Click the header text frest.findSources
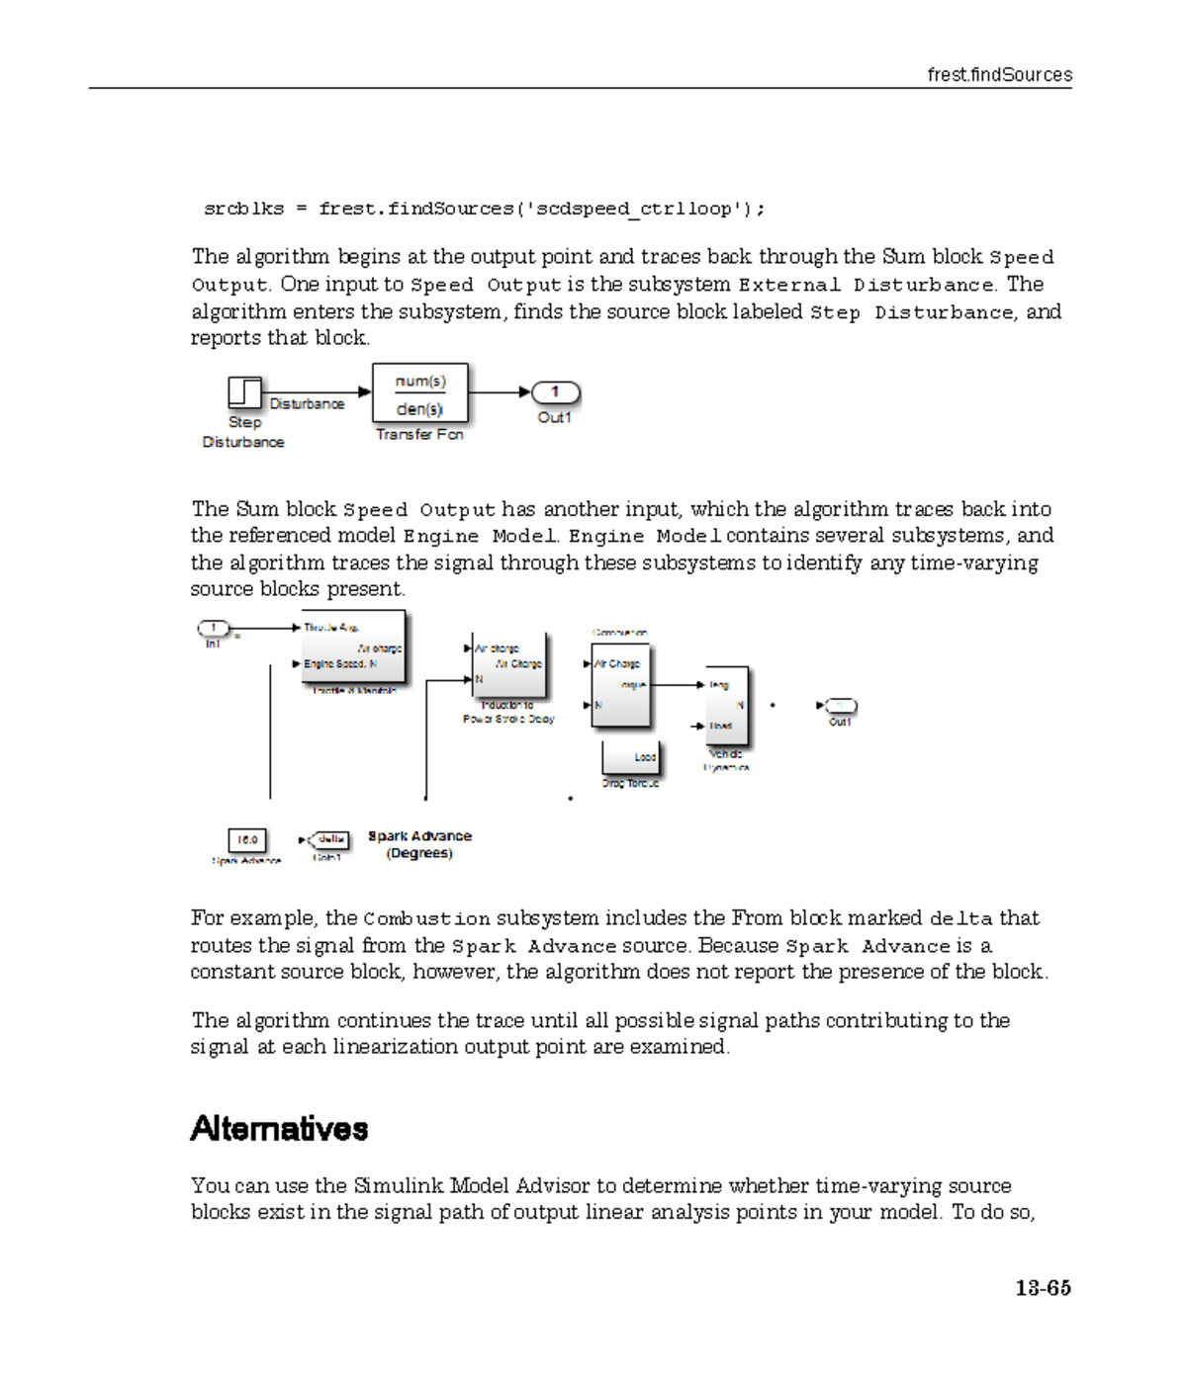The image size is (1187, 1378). coord(999,75)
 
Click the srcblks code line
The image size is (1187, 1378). coord(484,209)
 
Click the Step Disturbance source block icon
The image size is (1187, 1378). coord(244,392)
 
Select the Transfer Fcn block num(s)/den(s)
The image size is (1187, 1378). coord(419,393)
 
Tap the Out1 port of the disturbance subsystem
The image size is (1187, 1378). coord(555,392)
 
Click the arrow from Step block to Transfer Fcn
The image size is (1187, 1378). coord(317,392)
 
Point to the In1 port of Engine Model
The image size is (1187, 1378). coord(213,628)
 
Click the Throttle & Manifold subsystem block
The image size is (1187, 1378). coord(353,647)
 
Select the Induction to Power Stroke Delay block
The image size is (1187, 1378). coord(508,664)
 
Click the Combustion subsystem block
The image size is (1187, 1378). coord(620,684)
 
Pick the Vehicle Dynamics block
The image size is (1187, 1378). coord(727,706)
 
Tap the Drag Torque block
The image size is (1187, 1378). coord(630,758)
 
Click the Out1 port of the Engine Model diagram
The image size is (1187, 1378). coord(840,706)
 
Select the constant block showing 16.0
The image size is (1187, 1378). coord(247,840)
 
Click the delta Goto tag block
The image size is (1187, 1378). coord(329,840)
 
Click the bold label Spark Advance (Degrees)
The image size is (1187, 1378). coord(419,844)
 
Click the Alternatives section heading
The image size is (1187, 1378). coord(279,1129)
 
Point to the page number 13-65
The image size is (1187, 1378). coord(1042,1288)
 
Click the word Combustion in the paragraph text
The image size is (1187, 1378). coord(426,919)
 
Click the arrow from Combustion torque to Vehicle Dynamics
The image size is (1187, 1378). coord(678,684)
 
